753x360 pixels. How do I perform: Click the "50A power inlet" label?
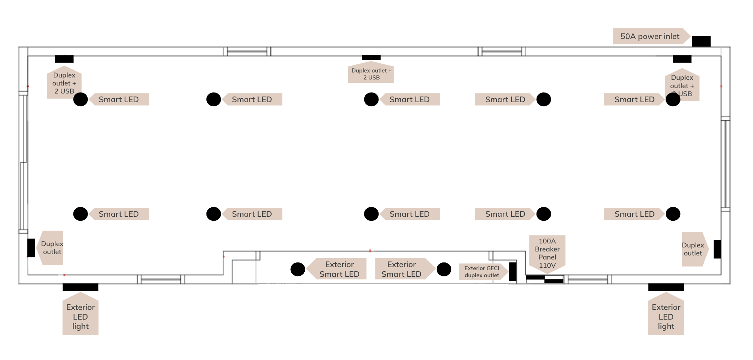(x=650, y=36)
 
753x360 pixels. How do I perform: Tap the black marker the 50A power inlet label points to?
(x=701, y=41)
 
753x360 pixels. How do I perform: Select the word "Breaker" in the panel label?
(x=547, y=249)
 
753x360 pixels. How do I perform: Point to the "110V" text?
(x=547, y=265)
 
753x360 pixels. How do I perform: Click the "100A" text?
(x=547, y=241)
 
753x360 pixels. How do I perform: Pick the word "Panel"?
(x=547, y=257)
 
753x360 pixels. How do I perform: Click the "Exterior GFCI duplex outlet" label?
(x=482, y=272)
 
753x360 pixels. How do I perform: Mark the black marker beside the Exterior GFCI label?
(x=512, y=272)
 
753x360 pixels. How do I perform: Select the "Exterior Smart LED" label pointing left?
(x=339, y=269)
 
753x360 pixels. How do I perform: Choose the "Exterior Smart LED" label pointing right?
(x=402, y=269)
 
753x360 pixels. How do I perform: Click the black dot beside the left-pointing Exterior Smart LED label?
(x=298, y=269)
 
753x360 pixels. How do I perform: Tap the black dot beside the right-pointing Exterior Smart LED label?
(x=444, y=269)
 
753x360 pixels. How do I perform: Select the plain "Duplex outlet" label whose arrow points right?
(x=693, y=249)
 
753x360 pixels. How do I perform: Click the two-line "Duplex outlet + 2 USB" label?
(x=371, y=74)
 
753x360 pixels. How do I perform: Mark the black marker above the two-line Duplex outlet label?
(x=371, y=57)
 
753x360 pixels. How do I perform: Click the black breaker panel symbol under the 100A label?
(x=545, y=279)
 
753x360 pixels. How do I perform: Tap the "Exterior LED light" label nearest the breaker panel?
(x=666, y=316)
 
